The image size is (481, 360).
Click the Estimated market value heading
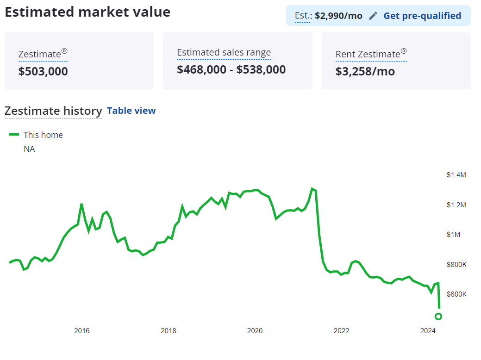[87, 12]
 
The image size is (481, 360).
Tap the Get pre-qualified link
[422, 16]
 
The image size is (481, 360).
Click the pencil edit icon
[373, 16]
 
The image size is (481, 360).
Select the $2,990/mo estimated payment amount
[338, 16]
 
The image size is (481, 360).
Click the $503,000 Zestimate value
[43, 71]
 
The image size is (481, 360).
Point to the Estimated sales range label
[224, 53]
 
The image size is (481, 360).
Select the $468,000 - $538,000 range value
[231, 69]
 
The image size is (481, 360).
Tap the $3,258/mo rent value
[365, 71]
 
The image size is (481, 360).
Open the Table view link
[131, 111]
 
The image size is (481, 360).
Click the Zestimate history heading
[53, 111]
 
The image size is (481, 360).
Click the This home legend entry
[43, 135]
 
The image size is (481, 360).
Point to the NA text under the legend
[29, 149]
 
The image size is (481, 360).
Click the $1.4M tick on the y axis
[456, 175]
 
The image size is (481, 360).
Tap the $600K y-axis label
[456, 294]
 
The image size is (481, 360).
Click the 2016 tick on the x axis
[82, 331]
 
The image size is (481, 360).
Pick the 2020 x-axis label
[255, 331]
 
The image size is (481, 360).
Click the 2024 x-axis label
[428, 331]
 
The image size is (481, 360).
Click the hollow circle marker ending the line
[438, 317]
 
